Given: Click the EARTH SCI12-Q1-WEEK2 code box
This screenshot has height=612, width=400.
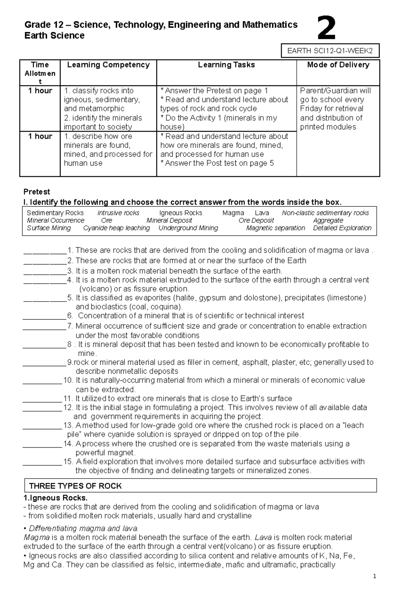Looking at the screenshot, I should (330, 51).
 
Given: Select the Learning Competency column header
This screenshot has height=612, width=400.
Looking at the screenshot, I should (108, 65).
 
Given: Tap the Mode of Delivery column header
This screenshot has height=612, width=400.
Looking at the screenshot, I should (338, 65).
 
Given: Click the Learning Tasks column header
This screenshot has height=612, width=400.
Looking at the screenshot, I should (226, 65).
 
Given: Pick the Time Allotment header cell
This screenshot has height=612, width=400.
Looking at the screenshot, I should (40, 73).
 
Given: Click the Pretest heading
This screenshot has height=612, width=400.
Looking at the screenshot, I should (37, 192).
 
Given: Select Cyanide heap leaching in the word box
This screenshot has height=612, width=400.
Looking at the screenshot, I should (116, 228).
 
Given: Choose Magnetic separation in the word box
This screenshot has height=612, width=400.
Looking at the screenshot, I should (275, 228).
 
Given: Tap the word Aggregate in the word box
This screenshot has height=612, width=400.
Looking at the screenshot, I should (328, 220).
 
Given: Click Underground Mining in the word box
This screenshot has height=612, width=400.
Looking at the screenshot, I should (188, 228).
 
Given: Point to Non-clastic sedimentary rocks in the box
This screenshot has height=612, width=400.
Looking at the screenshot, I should (325, 213).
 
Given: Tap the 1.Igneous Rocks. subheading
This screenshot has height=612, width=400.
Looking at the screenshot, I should (55, 498).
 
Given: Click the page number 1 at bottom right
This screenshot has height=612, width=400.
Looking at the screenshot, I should (375, 576).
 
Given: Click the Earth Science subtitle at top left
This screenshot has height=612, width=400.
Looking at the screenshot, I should (54, 36).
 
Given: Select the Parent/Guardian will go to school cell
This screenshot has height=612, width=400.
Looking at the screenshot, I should (335, 109).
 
